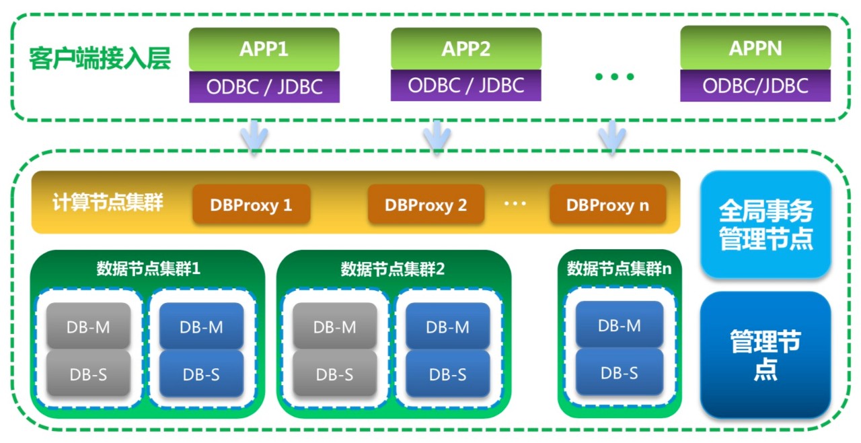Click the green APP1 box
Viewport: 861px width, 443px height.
[x=264, y=49]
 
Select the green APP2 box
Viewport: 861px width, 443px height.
[x=465, y=49]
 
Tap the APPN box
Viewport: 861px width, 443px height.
[x=755, y=49]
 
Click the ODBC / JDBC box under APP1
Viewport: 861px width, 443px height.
[x=264, y=87]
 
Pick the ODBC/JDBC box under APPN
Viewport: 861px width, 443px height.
[x=755, y=86]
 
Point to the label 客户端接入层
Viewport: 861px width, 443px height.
[x=100, y=59]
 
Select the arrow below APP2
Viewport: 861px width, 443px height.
[x=437, y=137]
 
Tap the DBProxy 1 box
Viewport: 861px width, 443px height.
[x=251, y=205]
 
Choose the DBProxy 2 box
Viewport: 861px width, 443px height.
[x=426, y=205]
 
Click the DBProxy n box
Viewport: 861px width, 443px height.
[x=607, y=205]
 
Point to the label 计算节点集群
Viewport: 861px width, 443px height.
[x=108, y=203]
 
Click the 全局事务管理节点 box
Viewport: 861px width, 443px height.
[x=765, y=225]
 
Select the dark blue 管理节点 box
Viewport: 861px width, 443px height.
[x=765, y=354]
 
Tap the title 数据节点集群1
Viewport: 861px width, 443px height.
[x=148, y=269]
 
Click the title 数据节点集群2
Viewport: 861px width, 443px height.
[x=393, y=269]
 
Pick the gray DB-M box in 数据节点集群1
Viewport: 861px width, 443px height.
[x=88, y=327]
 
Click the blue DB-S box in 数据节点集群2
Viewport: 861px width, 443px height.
[x=447, y=374]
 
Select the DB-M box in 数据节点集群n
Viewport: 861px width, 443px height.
[x=620, y=325]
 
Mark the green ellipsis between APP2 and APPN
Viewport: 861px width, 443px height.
[x=614, y=77]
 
